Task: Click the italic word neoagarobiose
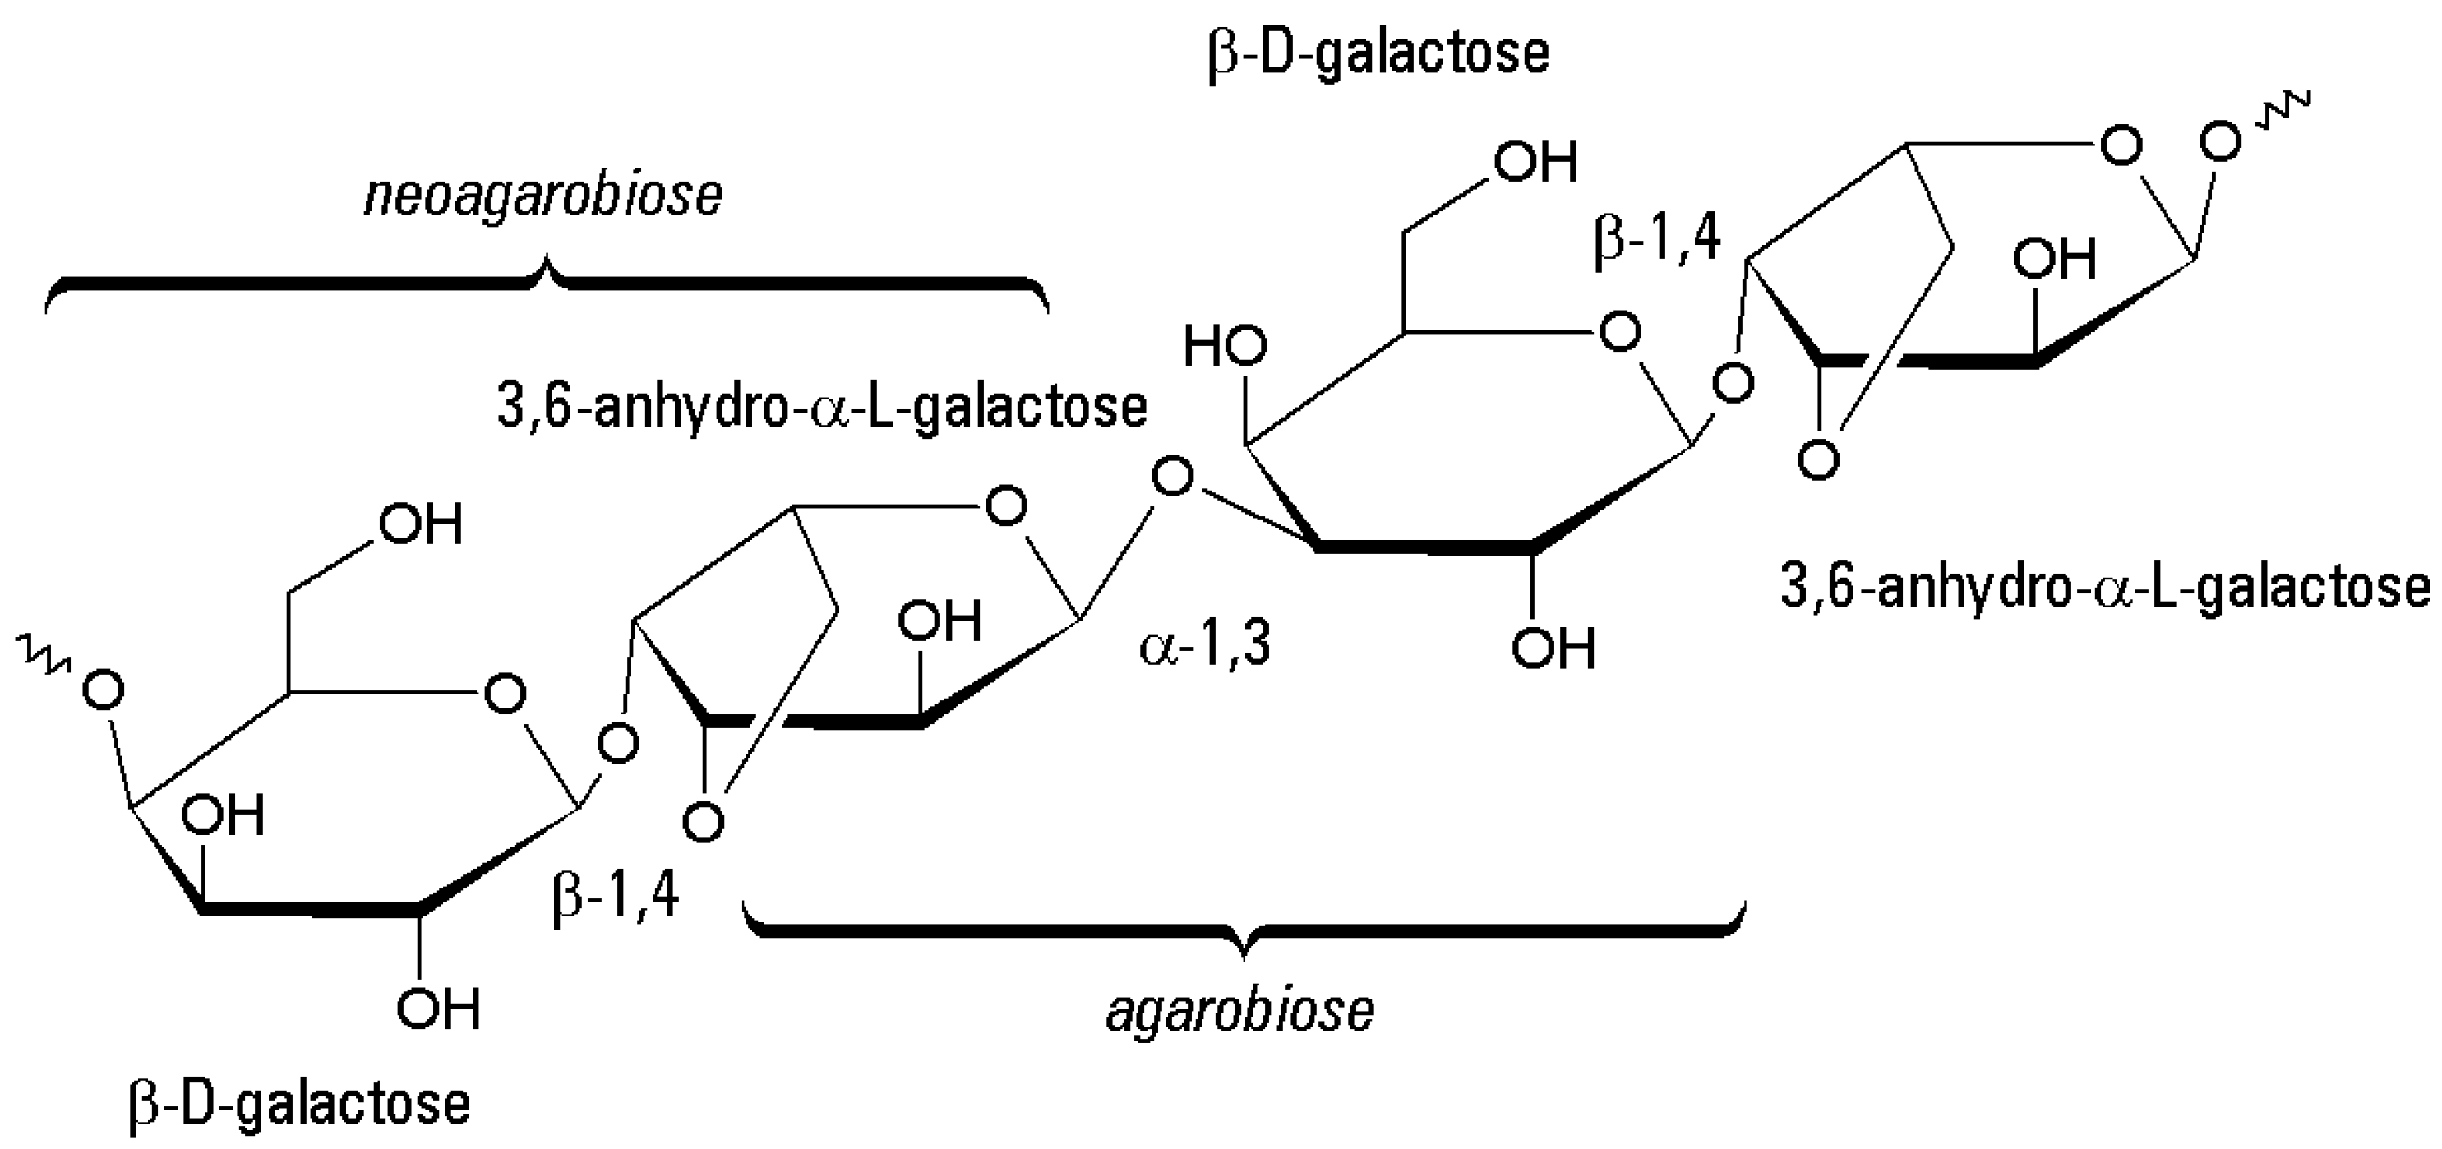point(543,197)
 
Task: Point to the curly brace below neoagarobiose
point(547,279)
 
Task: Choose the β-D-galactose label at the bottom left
point(298,1104)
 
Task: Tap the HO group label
point(1224,347)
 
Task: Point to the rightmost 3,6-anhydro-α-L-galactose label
point(2106,587)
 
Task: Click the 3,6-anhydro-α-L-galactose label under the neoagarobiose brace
point(822,407)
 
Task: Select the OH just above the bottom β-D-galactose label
point(438,1008)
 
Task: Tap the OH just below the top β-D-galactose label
point(1535,161)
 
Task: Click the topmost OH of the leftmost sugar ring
point(420,524)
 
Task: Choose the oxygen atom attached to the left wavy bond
point(104,690)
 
